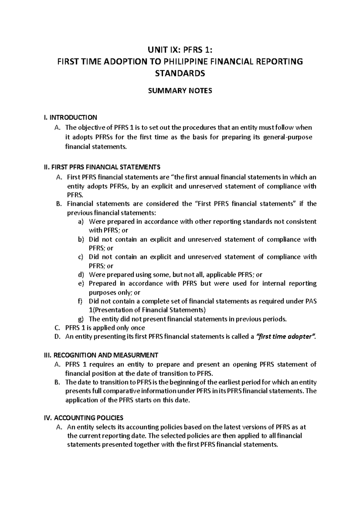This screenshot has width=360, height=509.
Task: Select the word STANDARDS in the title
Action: coord(180,73)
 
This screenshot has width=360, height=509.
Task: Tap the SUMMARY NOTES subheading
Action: coord(180,91)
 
